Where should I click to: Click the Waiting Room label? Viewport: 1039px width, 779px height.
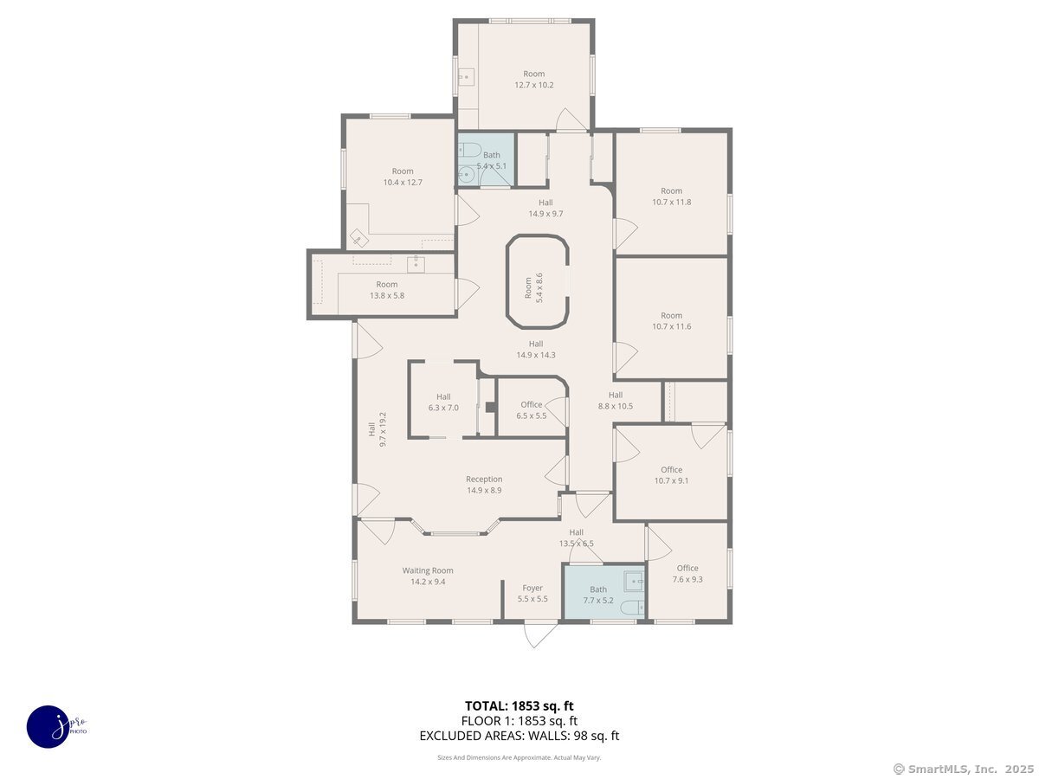pyautogui.click(x=428, y=576)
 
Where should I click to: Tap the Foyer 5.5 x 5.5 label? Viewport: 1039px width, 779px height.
pyautogui.click(x=532, y=593)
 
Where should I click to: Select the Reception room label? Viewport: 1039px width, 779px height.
pyautogui.click(x=484, y=485)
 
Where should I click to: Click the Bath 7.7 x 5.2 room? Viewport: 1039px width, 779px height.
pyautogui.click(x=599, y=594)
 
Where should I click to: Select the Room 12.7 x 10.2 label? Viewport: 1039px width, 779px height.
pyautogui.click(x=534, y=80)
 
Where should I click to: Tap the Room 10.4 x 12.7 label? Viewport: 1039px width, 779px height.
pyautogui.click(x=403, y=177)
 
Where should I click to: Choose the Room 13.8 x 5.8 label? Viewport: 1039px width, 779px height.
pyautogui.click(x=387, y=290)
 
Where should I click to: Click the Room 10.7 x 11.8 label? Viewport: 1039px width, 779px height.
pyautogui.click(x=672, y=196)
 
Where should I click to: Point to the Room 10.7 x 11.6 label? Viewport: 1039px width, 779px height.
pyautogui.click(x=672, y=321)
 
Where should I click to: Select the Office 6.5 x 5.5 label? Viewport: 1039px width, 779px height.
pyautogui.click(x=532, y=410)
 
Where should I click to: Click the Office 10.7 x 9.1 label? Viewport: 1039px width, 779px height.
pyautogui.click(x=672, y=475)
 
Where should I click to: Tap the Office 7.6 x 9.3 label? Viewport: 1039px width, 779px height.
pyautogui.click(x=687, y=574)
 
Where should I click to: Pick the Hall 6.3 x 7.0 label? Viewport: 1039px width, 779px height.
pyautogui.click(x=443, y=402)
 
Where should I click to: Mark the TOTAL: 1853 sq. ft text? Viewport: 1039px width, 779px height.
pyautogui.click(x=519, y=705)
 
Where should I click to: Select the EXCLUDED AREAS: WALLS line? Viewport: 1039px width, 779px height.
pyautogui.click(x=519, y=736)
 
